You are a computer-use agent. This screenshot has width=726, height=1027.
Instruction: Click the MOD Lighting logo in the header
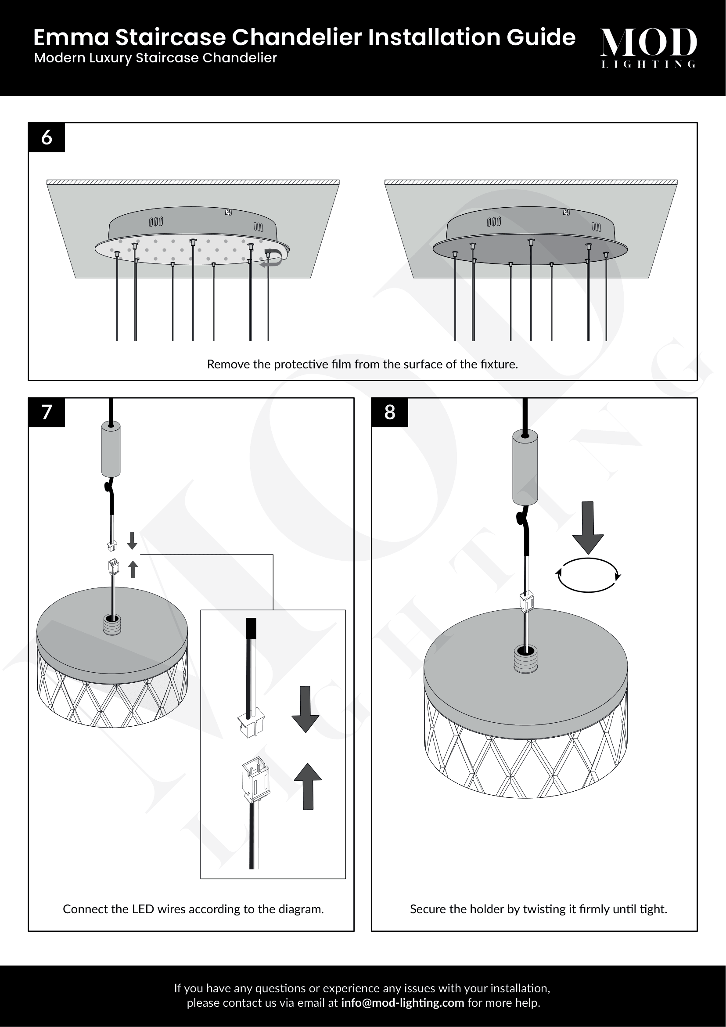tap(648, 47)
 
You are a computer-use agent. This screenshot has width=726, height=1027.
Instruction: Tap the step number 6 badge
tap(47, 137)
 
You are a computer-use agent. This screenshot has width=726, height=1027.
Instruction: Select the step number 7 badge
tap(47, 412)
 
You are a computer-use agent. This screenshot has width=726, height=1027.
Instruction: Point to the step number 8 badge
tap(389, 412)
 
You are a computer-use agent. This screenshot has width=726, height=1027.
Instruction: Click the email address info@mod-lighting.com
tap(403, 1002)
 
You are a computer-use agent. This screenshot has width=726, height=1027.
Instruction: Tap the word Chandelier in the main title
tap(296, 38)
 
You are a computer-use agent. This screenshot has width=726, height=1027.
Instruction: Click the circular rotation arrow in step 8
tap(588, 575)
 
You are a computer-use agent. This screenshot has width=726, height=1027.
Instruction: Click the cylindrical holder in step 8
tap(525, 467)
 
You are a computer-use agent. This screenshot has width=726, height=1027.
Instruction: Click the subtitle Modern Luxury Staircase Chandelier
tap(155, 58)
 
